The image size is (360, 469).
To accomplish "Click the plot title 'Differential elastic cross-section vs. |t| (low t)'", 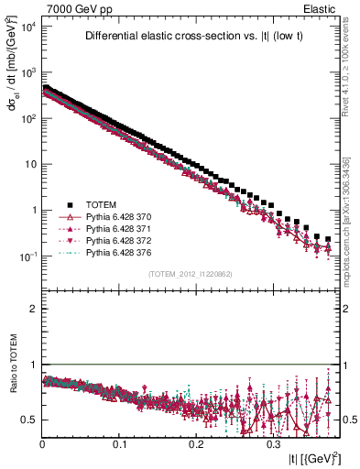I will [x=196, y=37].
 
